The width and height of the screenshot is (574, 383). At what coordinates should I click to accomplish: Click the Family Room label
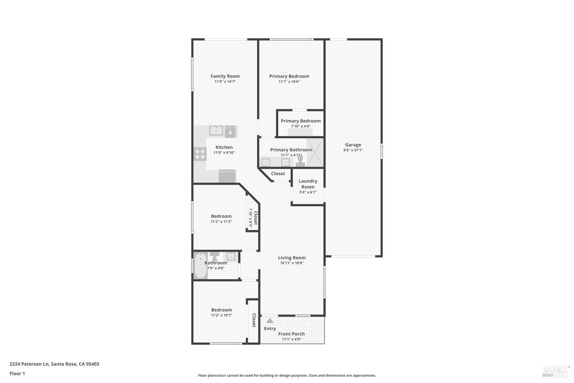pyautogui.click(x=225, y=76)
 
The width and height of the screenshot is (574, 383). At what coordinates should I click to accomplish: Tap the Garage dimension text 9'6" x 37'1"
pyautogui.click(x=353, y=150)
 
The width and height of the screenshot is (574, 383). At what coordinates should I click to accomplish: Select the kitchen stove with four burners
pyautogui.click(x=200, y=154)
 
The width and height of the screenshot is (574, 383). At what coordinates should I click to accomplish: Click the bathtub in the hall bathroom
pyautogui.click(x=200, y=265)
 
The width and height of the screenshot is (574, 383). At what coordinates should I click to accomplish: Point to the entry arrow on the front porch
pyautogui.click(x=270, y=321)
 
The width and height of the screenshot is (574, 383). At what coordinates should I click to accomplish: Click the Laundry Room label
pyautogui.click(x=308, y=184)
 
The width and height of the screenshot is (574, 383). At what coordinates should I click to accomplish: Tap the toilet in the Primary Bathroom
pyautogui.click(x=300, y=160)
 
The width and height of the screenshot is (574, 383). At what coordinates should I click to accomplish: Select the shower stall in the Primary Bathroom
pyautogui.click(x=315, y=152)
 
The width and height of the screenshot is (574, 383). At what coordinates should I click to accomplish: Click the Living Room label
pyautogui.click(x=292, y=258)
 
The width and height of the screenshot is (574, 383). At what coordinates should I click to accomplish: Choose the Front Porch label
pyautogui.click(x=292, y=334)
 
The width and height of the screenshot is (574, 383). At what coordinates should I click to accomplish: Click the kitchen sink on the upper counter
pyautogui.click(x=216, y=131)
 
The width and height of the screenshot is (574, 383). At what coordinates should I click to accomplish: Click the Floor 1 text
pyautogui.click(x=17, y=373)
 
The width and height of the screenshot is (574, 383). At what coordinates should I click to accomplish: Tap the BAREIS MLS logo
pyautogui.click(x=556, y=370)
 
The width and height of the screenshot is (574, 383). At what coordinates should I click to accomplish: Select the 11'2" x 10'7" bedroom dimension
pyautogui.click(x=222, y=315)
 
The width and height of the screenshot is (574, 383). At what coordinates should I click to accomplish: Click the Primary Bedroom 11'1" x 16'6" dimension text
pyautogui.click(x=289, y=81)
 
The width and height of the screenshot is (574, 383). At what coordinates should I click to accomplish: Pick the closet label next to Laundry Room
pyautogui.click(x=278, y=173)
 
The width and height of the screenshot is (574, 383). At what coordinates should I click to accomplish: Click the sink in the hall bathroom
pyautogui.click(x=231, y=256)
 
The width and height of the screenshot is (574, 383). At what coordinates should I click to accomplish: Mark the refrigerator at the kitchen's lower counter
pyautogui.click(x=227, y=176)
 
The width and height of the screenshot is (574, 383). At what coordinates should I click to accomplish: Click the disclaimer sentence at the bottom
pyautogui.click(x=287, y=375)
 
